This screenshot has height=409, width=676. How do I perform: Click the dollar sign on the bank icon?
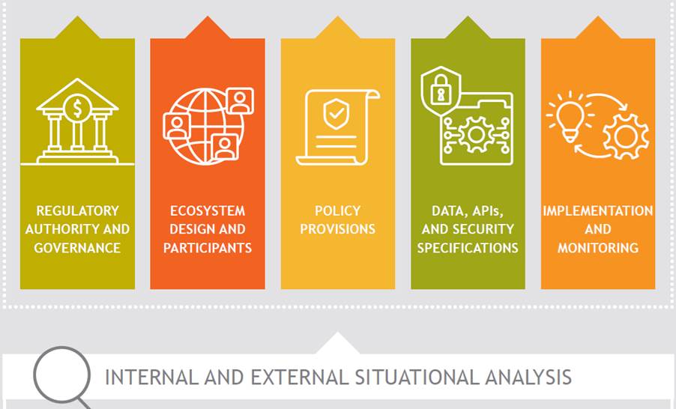77,109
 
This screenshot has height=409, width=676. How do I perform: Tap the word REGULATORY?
78,210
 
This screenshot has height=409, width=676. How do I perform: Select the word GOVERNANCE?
77,248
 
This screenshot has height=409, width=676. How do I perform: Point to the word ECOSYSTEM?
208,210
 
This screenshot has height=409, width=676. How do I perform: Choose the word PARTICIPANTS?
208,248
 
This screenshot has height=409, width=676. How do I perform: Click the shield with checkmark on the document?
337,114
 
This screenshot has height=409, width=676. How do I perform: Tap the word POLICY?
337,210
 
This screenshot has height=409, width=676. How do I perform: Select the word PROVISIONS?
337,229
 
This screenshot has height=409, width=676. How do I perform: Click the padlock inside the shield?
441,89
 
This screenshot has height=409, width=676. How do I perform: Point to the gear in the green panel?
476,135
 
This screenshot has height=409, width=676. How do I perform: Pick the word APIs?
486,210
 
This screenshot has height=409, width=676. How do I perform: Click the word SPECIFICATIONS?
468,248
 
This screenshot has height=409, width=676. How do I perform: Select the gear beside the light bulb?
626,136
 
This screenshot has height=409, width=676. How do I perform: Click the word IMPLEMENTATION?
598,210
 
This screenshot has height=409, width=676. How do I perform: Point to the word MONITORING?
598,248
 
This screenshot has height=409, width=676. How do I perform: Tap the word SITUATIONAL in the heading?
417,377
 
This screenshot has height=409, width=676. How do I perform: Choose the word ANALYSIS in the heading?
528,377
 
